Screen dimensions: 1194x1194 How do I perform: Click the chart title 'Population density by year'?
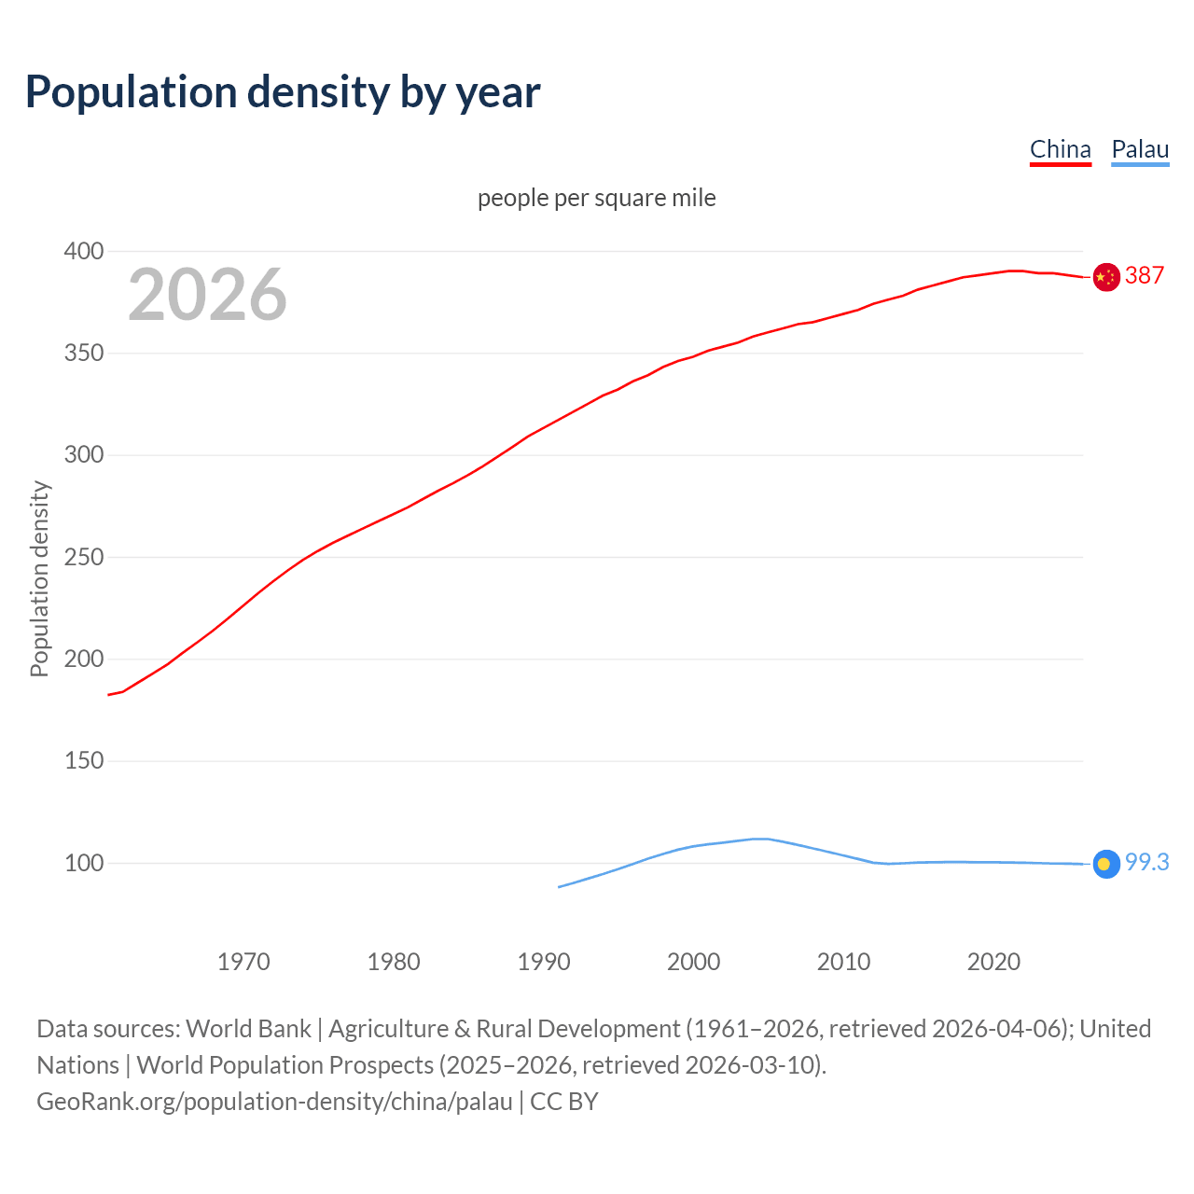pyautogui.click(x=283, y=92)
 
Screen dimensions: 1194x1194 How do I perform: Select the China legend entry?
pyautogui.click(x=1060, y=149)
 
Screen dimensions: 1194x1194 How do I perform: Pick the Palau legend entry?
pyautogui.click(x=1140, y=149)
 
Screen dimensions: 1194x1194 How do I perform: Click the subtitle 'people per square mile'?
pyautogui.click(x=596, y=198)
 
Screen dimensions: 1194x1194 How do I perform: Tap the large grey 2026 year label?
pyautogui.click(x=207, y=295)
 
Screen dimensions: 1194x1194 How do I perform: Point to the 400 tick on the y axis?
pyautogui.click(x=83, y=251)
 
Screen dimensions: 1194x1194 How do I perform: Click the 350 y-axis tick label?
pyautogui.click(x=83, y=354)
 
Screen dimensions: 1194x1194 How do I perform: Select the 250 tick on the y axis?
pyautogui.click(x=83, y=557)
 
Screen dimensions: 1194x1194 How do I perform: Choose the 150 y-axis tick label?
pyautogui.click(x=83, y=761)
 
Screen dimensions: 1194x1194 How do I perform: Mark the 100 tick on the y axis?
pyautogui.click(x=83, y=863)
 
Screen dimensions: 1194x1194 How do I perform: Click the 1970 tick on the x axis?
pyautogui.click(x=243, y=962)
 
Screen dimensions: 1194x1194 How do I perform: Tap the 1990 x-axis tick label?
pyautogui.click(x=544, y=962)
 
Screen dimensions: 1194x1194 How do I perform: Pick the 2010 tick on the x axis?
pyautogui.click(x=843, y=962)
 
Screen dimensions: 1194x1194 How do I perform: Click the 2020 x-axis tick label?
pyautogui.click(x=993, y=962)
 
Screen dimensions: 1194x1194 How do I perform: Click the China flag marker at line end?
pyautogui.click(x=1106, y=277)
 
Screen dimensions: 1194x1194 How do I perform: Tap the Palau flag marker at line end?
pyautogui.click(x=1106, y=864)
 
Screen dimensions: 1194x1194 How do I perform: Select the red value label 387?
pyautogui.click(x=1145, y=275)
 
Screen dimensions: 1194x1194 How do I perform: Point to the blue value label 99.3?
pyautogui.click(x=1146, y=863)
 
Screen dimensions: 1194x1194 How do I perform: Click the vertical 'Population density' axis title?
pyautogui.click(x=39, y=578)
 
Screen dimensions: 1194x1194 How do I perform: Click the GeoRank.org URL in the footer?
pyautogui.click(x=274, y=1102)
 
